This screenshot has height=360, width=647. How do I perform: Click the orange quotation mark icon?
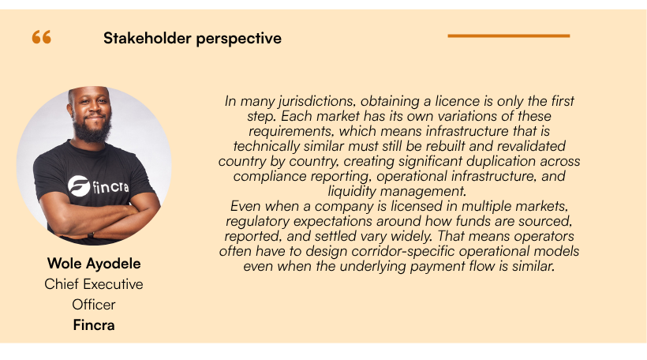[42, 37]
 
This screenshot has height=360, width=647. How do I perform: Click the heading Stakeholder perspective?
[192, 38]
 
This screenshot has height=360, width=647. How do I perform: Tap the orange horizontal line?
[508, 36]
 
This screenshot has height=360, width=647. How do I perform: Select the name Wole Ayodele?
[94, 264]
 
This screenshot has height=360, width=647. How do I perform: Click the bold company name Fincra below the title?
[94, 324]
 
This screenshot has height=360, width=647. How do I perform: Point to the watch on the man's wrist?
[91, 234]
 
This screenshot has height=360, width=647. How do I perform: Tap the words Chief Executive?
[94, 284]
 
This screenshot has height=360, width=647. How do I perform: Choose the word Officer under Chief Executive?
[94, 304]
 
